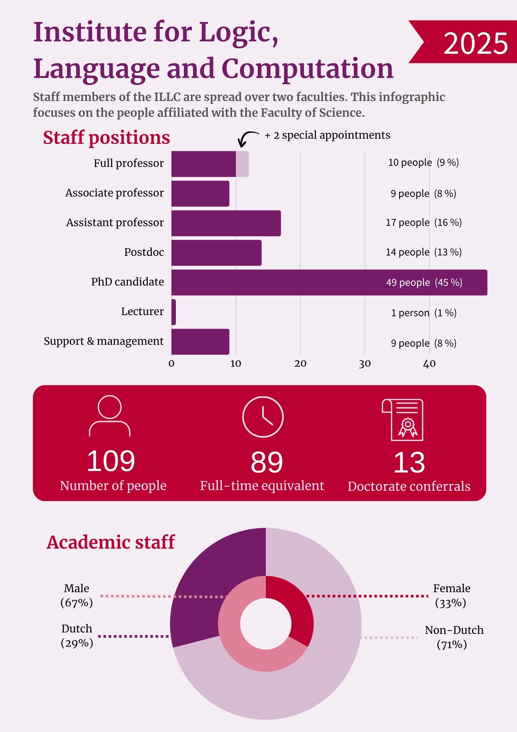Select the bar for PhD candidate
pos(329,282)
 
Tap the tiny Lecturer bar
pos(174,312)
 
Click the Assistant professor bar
pos(226,223)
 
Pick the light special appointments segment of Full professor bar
pos(242,164)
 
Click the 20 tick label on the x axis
pos(300,363)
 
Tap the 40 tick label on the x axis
pos(429,363)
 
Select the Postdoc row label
pos(144,252)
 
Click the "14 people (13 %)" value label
pos(424,252)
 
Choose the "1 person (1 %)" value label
pos(424,313)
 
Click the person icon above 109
pos(110,416)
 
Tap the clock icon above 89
pos(263,417)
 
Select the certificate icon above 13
pos(403,420)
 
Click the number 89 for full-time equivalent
pos(267,462)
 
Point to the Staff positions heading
pos(106,138)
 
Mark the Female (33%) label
pos(452,595)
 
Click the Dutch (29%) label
pos(77,636)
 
